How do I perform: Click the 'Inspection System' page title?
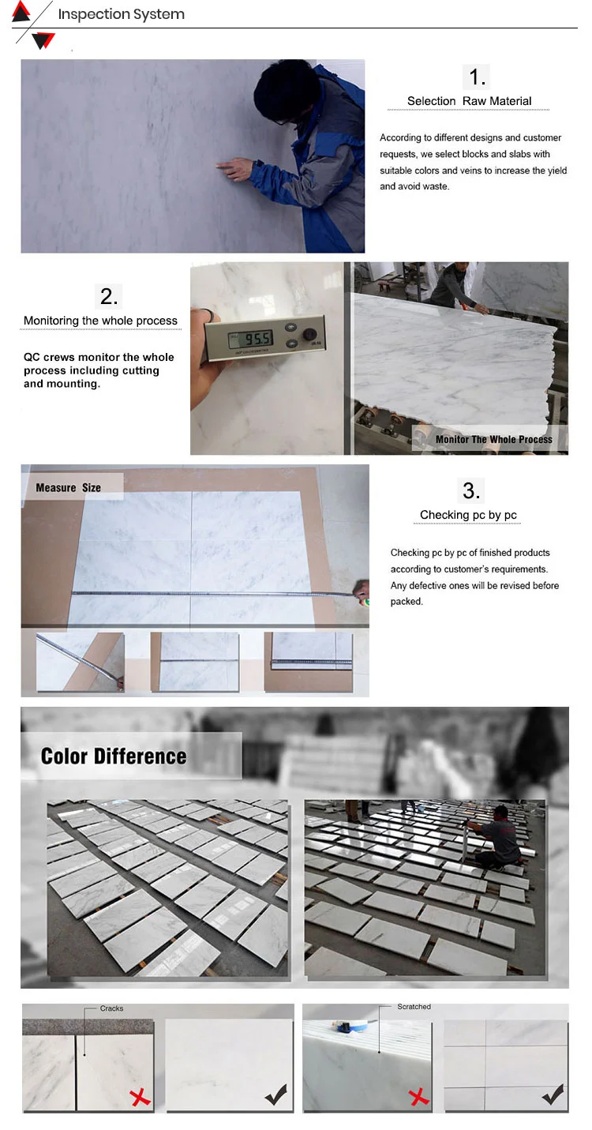pyautogui.click(x=121, y=14)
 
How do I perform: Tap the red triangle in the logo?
pyautogui.click(x=21, y=11)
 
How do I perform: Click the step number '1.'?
pyautogui.click(x=477, y=77)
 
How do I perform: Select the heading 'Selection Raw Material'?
pyautogui.click(x=469, y=101)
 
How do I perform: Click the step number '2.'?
pyautogui.click(x=109, y=296)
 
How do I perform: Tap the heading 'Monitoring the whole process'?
pyautogui.click(x=100, y=321)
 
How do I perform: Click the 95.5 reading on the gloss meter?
pyautogui.click(x=257, y=339)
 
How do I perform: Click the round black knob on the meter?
pyautogui.click(x=309, y=334)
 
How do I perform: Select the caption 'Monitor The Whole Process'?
pyautogui.click(x=493, y=439)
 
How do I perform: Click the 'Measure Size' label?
pyautogui.click(x=68, y=488)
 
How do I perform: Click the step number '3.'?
pyautogui.click(x=471, y=491)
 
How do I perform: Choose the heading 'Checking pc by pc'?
pyautogui.click(x=468, y=515)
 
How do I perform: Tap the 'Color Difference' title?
pyautogui.click(x=114, y=756)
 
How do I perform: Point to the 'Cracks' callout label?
pyautogui.click(x=111, y=1008)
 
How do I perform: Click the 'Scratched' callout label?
pyautogui.click(x=414, y=1006)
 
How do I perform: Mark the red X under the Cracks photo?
pyautogui.click(x=140, y=1097)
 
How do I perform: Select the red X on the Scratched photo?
pyautogui.click(x=418, y=1097)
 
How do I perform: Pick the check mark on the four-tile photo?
pyautogui.click(x=553, y=1094)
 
